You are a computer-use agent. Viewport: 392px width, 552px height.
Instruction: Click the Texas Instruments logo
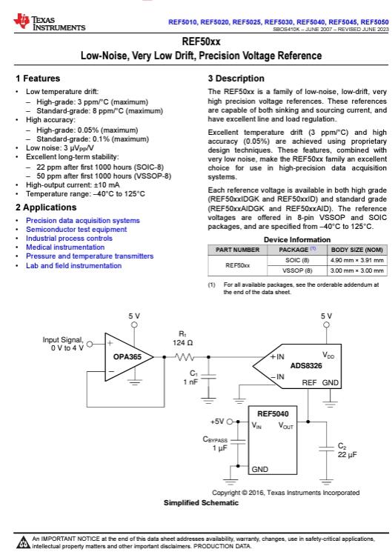[49, 24]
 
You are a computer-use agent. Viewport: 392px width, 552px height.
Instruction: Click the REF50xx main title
[196, 43]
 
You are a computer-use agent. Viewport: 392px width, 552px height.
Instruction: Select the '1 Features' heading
[38, 79]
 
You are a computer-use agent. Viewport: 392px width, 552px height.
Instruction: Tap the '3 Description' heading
[236, 79]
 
